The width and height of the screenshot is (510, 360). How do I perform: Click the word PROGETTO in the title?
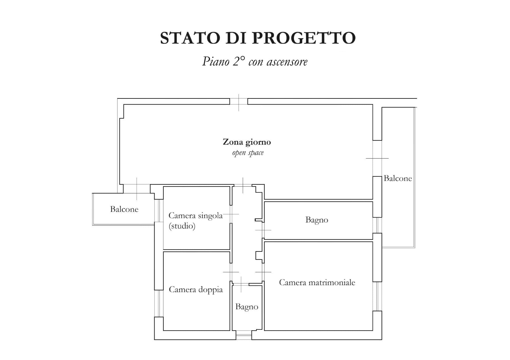coord(304,38)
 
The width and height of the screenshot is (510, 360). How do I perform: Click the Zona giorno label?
coord(247,142)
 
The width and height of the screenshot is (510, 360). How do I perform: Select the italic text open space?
coord(248,153)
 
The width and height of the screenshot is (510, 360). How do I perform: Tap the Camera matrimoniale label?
coord(317,282)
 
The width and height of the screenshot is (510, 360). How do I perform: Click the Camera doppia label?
coord(196,290)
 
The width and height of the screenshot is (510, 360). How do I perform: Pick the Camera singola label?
coord(196,216)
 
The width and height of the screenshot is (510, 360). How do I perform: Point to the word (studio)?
coord(182,226)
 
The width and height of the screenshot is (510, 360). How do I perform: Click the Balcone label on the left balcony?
coord(124,209)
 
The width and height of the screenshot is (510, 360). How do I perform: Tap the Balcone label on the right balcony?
coord(398,178)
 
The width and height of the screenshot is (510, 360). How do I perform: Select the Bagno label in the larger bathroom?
coord(317,220)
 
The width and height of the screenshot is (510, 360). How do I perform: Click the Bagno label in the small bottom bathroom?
coord(247,307)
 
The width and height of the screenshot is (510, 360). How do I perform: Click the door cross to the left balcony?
coord(137,189)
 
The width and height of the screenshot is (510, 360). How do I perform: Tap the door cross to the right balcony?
coord(377,158)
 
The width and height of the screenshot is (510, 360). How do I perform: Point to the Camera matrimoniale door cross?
coord(263,272)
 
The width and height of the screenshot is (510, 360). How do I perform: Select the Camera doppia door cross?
coord(231,272)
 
